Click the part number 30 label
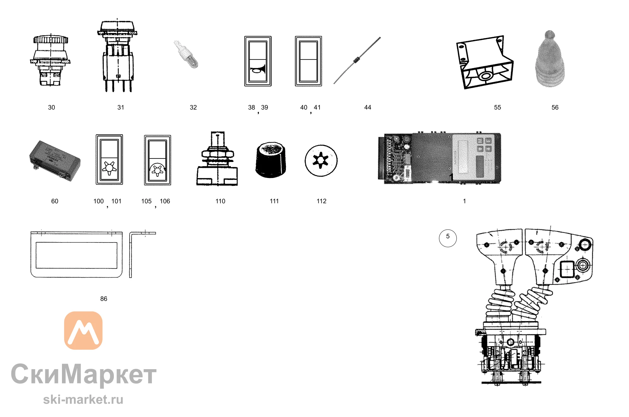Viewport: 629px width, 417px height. coord(52,108)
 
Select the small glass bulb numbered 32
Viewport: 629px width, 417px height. coord(186,54)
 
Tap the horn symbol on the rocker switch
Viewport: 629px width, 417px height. coord(258,70)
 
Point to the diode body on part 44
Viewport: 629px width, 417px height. coord(356,60)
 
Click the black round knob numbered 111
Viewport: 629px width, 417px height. coord(271,160)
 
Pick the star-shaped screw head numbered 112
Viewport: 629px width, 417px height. coord(321,161)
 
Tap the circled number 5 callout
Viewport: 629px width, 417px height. coord(448,238)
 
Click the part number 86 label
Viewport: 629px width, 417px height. coord(104,299)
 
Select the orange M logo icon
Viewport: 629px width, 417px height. coord(83,331)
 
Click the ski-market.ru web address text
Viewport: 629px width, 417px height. coord(83,400)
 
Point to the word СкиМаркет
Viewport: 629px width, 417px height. coord(84,374)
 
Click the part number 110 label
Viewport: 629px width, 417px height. coord(220,201)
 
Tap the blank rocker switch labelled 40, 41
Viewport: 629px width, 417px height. coord(309,61)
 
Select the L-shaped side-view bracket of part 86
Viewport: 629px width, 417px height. coord(131,255)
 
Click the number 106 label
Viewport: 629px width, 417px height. coord(165,201)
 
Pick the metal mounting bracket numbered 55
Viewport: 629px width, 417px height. coord(485,62)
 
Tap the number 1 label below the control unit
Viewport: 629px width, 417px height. coord(465,201)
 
